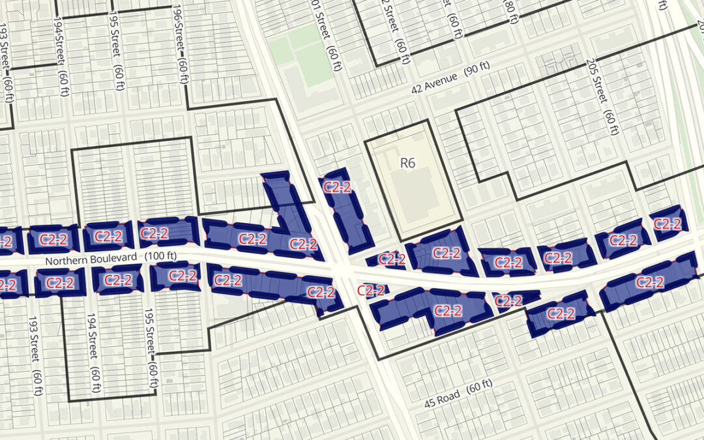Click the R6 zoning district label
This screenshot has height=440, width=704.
pyautogui.click(x=407, y=163)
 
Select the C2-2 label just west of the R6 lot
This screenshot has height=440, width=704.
pyautogui.click(x=338, y=189)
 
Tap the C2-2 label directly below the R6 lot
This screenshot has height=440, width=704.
pyautogui.click(x=447, y=253)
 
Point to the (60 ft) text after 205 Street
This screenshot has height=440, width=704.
pyautogui.click(x=611, y=121)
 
